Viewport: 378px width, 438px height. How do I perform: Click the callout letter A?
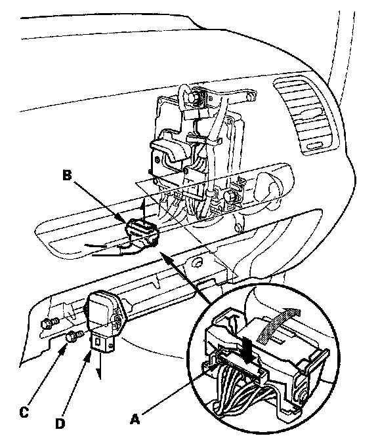135,419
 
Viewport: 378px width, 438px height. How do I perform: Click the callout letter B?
67,176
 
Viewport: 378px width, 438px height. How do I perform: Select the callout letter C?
24,412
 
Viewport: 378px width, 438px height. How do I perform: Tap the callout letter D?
60,424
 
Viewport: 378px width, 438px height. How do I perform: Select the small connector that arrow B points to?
142,234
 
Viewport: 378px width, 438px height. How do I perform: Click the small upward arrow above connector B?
143,208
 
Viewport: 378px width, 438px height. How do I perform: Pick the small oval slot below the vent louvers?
314,147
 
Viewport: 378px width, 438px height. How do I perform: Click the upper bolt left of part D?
50,323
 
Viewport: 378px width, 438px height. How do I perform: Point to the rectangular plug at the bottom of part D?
102,343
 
